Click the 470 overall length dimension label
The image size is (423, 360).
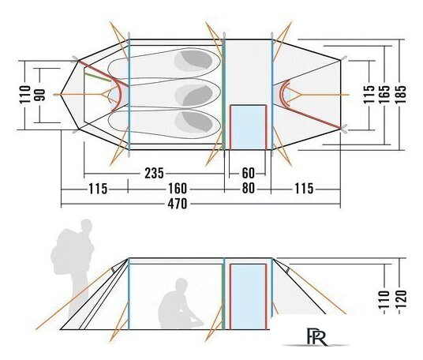click(x=178, y=204)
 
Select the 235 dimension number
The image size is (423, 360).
click(x=154, y=173)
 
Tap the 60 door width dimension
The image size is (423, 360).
click(x=248, y=173)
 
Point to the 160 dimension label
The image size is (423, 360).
click(x=178, y=189)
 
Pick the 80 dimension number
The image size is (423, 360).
click(x=248, y=189)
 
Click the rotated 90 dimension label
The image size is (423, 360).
click(x=40, y=95)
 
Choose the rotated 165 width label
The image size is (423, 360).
click(x=384, y=94)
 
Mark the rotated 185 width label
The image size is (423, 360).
click(x=400, y=94)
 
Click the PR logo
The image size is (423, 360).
click(x=317, y=336)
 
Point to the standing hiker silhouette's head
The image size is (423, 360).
click(x=86, y=227)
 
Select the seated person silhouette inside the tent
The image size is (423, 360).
click(x=180, y=304)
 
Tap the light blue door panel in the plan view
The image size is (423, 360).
click(x=248, y=127)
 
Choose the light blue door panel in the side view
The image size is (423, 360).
click(x=248, y=297)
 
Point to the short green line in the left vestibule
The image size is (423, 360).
click(x=98, y=77)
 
